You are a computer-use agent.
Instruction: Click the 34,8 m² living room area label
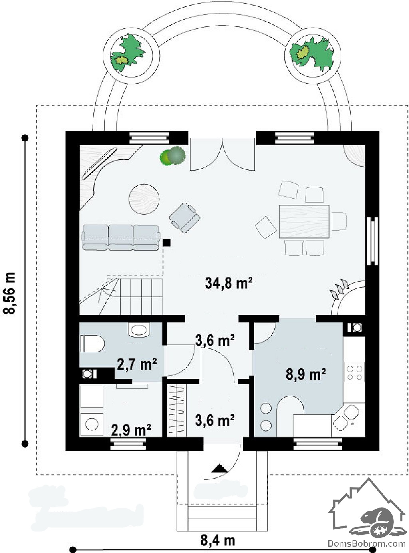pyautogui.click(x=228, y=283)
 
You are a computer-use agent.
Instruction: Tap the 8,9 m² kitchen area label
pyautogui.click(x=306, y=374)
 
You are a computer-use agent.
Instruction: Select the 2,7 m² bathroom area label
pyautogui.click(x=137, y=364)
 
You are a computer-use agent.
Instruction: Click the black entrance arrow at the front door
pyautogui.click(x=219, y=468)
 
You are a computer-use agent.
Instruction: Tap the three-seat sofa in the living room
pyautogui.click(x=121, y=237)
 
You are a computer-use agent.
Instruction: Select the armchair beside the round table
pyautogui.click(x=185, y=218)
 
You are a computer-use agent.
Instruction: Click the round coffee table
pyautogui.click(x=144, y=199)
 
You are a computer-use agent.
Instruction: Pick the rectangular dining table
pyautogui.click(x=304, y=221)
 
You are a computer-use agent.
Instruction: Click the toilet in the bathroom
pyautogui.click(x=92, y=343)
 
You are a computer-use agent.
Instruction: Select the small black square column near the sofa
pyautogui.click(x=167, y=243)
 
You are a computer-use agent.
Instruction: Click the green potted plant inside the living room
pyautogui.click(x=173, y=155)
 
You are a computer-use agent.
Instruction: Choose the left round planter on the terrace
pyautogui.click(x=131, y=56)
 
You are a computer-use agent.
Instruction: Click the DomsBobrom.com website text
pyautogui.click(x=367, y=543)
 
